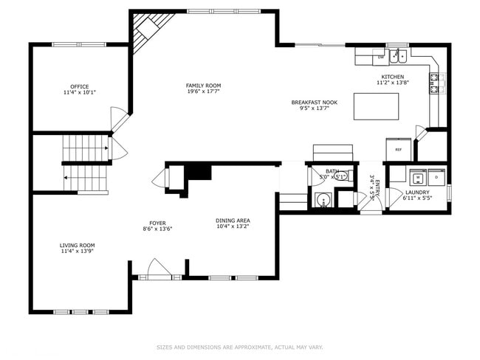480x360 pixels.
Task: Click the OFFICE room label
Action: [79, 86]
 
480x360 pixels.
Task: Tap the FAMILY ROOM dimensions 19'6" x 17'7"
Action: [203, 92]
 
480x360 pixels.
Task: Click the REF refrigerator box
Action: [398, 148]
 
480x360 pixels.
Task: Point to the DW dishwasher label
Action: [381, 57]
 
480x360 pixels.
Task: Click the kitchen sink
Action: [400, 55]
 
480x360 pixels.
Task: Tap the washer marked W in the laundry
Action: [418, 178]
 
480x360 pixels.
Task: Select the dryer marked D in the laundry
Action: [436, 178]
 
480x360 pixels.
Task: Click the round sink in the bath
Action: [322, 199]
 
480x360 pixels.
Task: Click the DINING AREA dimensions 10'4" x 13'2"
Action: [233, 226]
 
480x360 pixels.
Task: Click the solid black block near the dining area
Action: [197, 172]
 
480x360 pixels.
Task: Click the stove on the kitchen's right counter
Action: [435, 83]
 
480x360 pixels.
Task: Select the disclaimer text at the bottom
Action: [239, 347]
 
